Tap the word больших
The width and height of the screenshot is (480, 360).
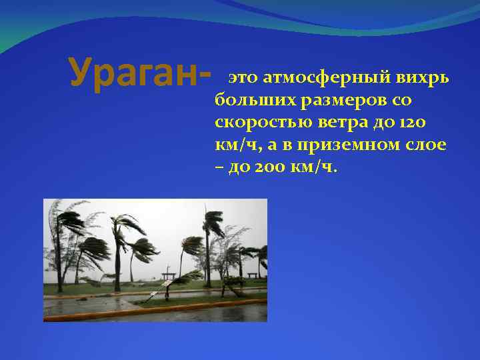pos(255,101)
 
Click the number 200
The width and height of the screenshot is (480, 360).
pos(260,167)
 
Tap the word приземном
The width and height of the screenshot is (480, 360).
pos(353,145)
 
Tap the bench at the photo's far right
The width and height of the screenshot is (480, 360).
pos(253,274)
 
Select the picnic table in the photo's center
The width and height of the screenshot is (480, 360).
pos(168,274)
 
